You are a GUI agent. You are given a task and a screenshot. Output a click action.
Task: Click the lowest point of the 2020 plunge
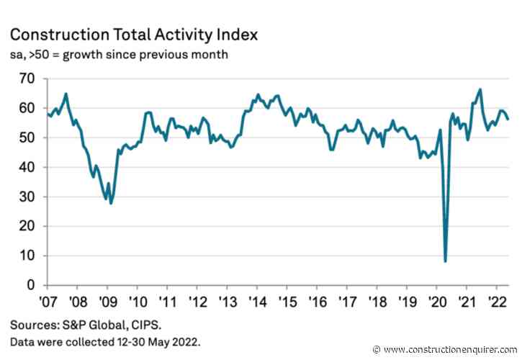point(446,261)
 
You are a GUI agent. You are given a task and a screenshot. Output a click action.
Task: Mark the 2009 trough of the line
point(111,203)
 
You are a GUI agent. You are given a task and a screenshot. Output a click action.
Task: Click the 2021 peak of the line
point(480,89)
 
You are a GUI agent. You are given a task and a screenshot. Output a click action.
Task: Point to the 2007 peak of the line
point(66,94)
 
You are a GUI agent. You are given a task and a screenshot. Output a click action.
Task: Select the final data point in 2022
point(508,120)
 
